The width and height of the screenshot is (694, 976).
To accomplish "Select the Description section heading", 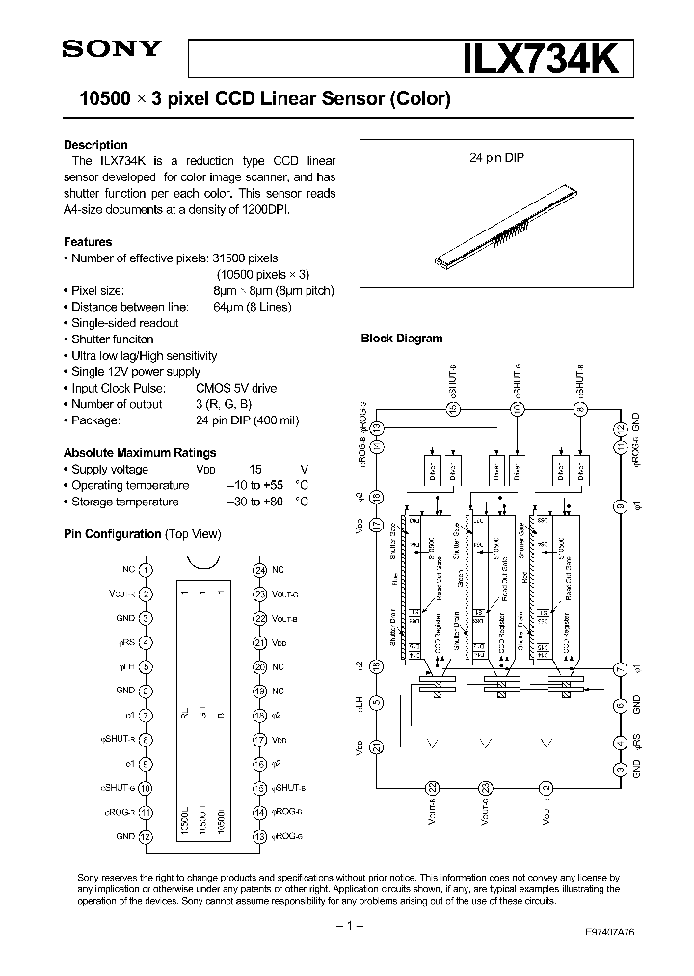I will point(95,145).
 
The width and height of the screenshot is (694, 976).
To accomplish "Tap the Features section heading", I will point(88,242).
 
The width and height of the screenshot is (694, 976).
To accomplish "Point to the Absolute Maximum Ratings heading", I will point(140,453).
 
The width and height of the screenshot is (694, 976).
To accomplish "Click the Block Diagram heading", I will point(402,339).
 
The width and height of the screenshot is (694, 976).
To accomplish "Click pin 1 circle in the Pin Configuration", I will point(145,570).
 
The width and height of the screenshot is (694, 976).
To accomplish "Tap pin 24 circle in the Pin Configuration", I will point(259,570).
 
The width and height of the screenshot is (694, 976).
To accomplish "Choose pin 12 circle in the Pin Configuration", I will point(145,836).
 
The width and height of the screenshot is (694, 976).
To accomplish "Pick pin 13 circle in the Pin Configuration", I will point(259,836).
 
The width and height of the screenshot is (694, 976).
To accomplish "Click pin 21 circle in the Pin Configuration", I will point(259,642).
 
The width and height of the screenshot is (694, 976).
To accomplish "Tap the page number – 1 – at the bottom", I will point(347,926).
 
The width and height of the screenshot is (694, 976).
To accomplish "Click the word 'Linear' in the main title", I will point(293,98).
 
